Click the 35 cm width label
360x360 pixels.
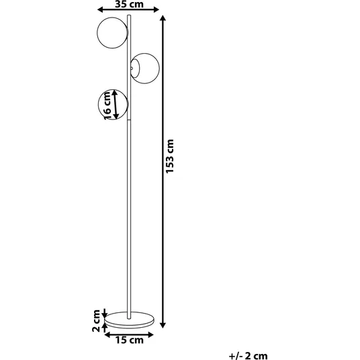129,4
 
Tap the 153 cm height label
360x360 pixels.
170,156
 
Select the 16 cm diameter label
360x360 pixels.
107,105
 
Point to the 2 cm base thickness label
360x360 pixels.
96,321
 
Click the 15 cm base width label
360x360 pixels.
129,340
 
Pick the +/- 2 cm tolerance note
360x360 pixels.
249,356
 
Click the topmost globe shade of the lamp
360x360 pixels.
97,33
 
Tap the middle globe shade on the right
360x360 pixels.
159,69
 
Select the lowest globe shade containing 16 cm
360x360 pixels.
98,105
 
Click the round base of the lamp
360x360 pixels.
129,326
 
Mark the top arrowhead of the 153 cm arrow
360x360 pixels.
163,18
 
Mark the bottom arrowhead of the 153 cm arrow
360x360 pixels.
163,325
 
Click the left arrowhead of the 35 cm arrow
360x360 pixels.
100,9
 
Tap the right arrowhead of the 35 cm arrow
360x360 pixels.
156,9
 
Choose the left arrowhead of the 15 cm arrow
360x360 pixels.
107,335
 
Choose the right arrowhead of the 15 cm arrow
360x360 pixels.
150,335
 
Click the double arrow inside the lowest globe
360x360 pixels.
116,105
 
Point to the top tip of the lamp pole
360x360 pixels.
129,15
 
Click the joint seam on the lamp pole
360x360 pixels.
129,120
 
